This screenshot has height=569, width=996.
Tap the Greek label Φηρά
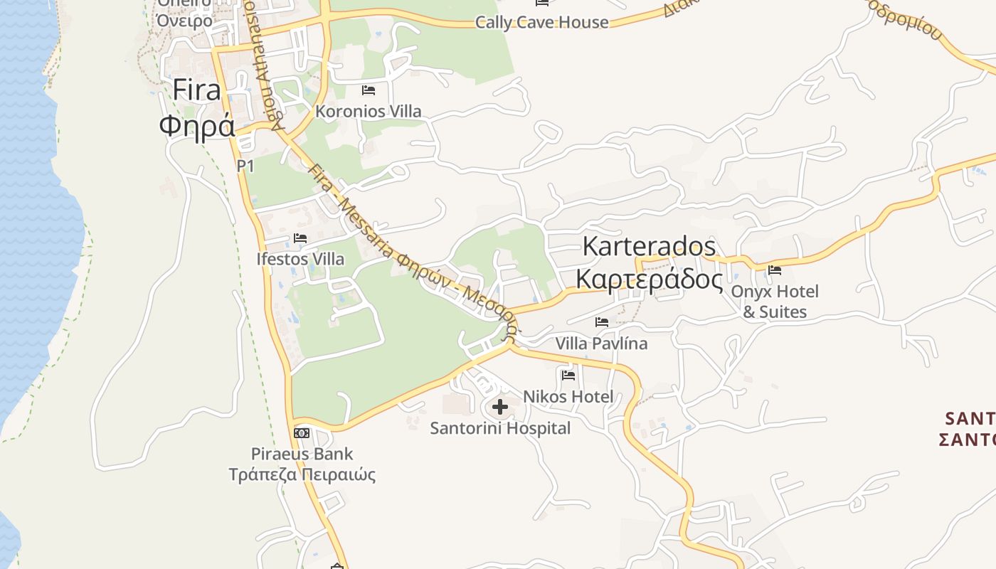click(x=197, y=127)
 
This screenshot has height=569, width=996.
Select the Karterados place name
click(x=649, y=246)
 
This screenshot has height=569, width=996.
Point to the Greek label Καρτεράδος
click(x=649, y=279)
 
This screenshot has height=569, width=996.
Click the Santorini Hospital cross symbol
click(x=500, y=407)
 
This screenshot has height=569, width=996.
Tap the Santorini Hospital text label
click(x=500, y=428)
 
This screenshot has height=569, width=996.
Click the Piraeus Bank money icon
click(x=302, y=432)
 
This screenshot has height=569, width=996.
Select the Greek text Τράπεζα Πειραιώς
click(x=302, y=474)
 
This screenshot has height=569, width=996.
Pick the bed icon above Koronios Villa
click(x=369, y=90)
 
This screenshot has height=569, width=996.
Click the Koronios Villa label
click(x=369, y=111)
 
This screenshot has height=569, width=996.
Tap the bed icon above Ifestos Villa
click(x=300, y=238)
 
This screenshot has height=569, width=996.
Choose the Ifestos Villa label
click(x=300, y=259)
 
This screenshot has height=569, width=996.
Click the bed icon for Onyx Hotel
click(x=775, y=270)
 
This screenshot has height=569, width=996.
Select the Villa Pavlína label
click(x=601, y=344)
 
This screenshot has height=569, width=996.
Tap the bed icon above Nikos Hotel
click(x=568, y=375)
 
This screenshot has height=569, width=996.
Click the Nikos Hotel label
click(x=568, y=396)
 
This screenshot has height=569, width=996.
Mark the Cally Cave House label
click(x=541, y=22)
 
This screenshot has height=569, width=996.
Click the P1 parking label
click(x=245, y=166)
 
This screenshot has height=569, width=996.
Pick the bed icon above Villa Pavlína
click(x=602, y=322)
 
